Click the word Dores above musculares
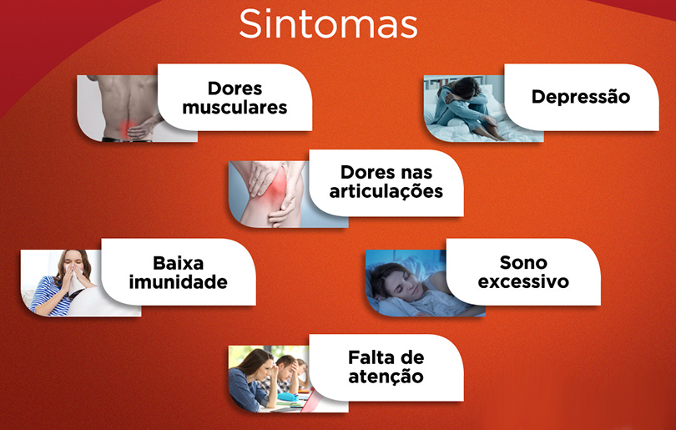[235, 88]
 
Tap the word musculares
[235, 108]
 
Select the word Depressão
[581, 97]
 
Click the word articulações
[386, 192]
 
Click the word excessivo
[523, 281]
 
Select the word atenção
[386, 377]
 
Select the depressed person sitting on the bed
[467, 109]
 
